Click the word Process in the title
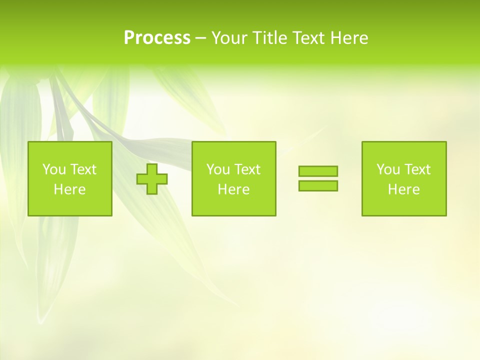tap(157, 38)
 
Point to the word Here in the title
tap(349, 38)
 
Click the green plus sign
tap(152, 178)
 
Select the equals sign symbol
tap(318, 178)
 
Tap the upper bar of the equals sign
tap(318, 171)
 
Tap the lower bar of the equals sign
tap(318, 185)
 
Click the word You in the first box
tap(54, 169)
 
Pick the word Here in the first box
tap(69, 189)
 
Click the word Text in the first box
tap(83, 169)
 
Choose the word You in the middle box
tap(218, 169)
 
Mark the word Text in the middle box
tap(247, 169)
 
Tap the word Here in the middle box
tap(233, 189)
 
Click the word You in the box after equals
tap(388, 169)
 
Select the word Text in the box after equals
tap(417, 169)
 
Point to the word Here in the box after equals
tap(403, 189)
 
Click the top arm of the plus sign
tap(152, 168)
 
